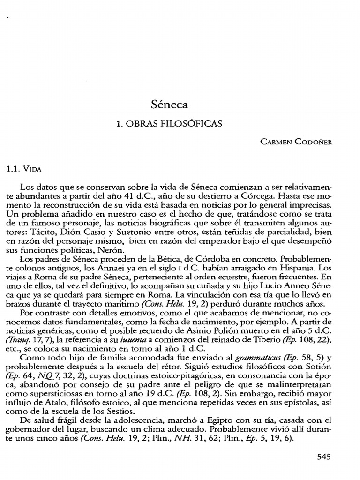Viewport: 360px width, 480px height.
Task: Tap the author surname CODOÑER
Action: (313, 142)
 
